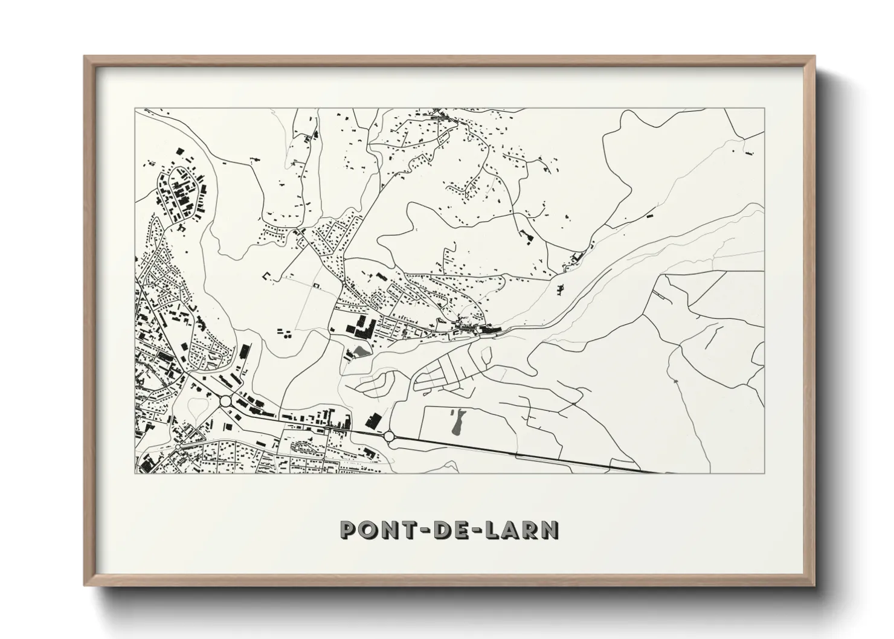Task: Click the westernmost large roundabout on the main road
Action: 225,400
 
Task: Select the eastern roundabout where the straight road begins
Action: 388,435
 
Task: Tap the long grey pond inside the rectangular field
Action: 457,422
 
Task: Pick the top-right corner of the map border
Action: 764,109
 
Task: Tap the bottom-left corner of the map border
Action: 135,473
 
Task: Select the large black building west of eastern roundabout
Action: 375,420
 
